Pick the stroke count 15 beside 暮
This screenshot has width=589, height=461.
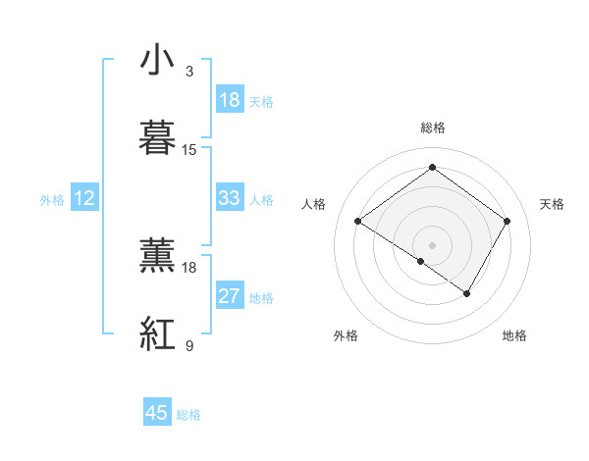pyautogui.click(x=189, y=149)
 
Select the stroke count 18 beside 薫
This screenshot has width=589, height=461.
pyautogui.click(x=189, y=267)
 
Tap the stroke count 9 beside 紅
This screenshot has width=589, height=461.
pyautogui.click(x=189, y=345)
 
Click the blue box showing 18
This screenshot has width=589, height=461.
pyautogui.click(x=230, y=100)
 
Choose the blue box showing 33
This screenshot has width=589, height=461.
pyautogui.click(x=230, y=198)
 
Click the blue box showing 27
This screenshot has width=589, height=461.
pyautogui.click(x=230, y=296)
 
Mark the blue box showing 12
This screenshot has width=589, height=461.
pyautogui.click(x=84, y=198)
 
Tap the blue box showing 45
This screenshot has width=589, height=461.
pyautogui.click(x=157, y=413)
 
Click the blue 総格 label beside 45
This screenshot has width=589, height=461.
pyautogui.click(x=188, y=415)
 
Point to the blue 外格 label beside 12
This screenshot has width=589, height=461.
pyautogui.click(x=52, y=200)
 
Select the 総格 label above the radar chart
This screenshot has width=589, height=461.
pyautogui.click(x=432, y=128)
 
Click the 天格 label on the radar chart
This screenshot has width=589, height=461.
pyautogui.click(x=552, y=204)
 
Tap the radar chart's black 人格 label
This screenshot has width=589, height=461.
pyautogui.click(x=313, y=204)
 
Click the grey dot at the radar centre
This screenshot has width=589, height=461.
pyautogui.click(x=432, y=244)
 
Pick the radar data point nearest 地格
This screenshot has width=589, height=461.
pyautogui.click(x=467, y=293)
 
